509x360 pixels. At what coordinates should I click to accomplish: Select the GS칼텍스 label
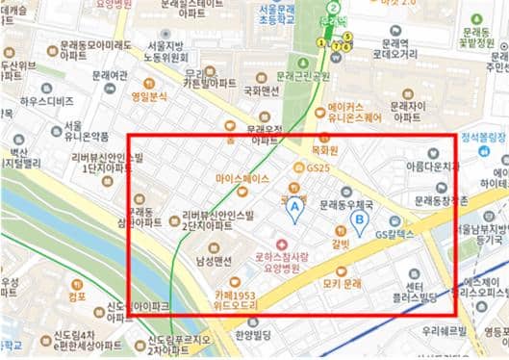tap(394, 234)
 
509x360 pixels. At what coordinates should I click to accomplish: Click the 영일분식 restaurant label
tap(149, 96)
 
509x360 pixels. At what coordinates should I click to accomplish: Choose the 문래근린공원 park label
tap(302, 75)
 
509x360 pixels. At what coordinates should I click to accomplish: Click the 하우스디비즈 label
tap(47, 101)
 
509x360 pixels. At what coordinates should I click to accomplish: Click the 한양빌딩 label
tap(254, 335)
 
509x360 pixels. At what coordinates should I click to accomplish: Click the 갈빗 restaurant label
tap(340, 244)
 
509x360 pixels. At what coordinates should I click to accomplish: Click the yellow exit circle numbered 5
tap(346, 38)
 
